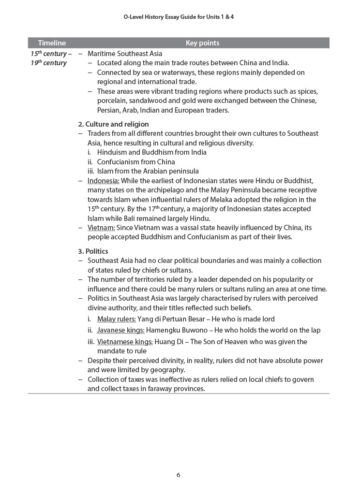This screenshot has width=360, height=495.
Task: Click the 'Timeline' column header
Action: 50,45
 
